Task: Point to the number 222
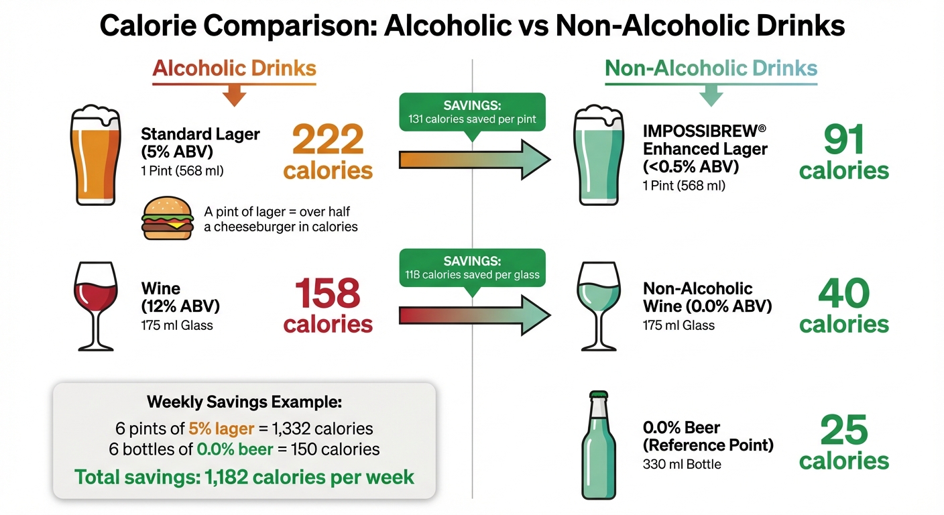(x=328, y=140)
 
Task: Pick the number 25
(x=843, y=431)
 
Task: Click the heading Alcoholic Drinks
(x=234, y=68)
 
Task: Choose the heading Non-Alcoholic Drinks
(x=711, y=68)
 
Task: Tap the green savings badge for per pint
(x=472, y=113)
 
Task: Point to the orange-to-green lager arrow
(x=473, y=160)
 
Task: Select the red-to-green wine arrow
(x=473, y=314)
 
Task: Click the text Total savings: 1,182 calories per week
(x=244, y=477)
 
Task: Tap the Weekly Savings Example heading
(x=244, y=402)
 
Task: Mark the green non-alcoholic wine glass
(x=598, y=304)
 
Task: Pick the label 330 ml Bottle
(x=682, y=463)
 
